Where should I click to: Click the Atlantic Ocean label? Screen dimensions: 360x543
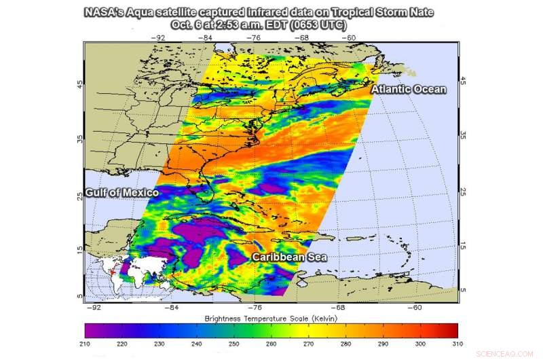click(408, 90)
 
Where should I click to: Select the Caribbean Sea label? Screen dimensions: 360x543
click(290, 257)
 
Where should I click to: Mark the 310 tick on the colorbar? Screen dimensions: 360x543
click(458, 345)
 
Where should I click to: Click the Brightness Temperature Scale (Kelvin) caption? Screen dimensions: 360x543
click(271, 318)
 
